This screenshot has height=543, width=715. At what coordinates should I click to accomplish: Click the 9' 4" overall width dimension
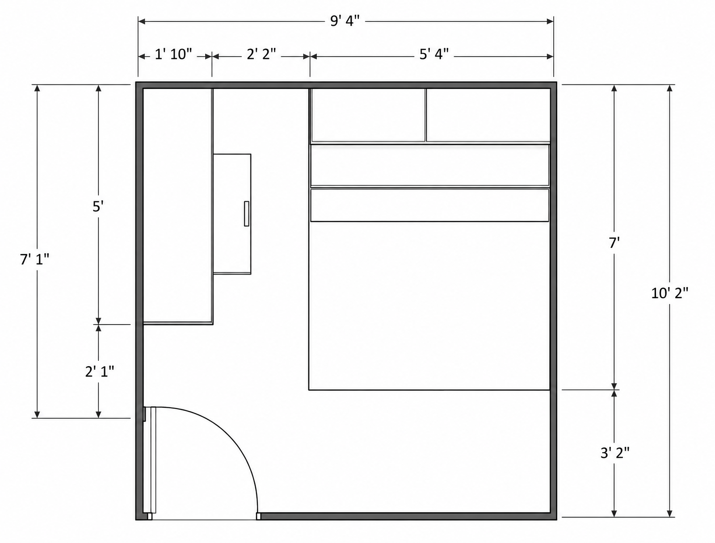(345, 21)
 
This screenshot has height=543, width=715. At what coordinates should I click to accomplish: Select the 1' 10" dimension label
(173, 54)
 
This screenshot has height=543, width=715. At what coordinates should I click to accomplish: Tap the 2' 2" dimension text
(261, 54)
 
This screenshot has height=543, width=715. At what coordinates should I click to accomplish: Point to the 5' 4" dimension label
(434, 54)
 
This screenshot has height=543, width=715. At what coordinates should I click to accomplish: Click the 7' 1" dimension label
(34, 259)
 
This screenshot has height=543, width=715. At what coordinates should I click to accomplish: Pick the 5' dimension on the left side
(98, 207)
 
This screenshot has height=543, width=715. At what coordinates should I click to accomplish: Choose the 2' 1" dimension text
(100, 372)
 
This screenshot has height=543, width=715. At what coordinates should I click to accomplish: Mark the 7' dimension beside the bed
(614, 243)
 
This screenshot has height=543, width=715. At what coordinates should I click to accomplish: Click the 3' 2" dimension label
(615, 453)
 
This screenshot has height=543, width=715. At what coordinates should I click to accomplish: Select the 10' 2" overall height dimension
(670, 293)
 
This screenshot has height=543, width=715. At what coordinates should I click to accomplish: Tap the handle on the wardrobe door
(247, 213)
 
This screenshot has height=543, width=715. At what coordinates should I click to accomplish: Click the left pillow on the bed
(368, 115)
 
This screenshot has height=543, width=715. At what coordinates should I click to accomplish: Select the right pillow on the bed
(488, 115)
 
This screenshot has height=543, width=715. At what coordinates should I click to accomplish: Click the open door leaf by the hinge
(153, 460)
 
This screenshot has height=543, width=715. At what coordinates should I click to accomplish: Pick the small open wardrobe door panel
(232, 214)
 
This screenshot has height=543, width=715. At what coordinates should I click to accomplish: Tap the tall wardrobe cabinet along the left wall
(178, 206)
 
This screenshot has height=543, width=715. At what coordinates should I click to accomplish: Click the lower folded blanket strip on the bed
(429, 205)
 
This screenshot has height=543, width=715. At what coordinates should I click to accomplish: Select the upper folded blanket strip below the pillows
(429, 166)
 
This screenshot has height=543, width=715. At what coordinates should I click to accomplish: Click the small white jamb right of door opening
(259, 516)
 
